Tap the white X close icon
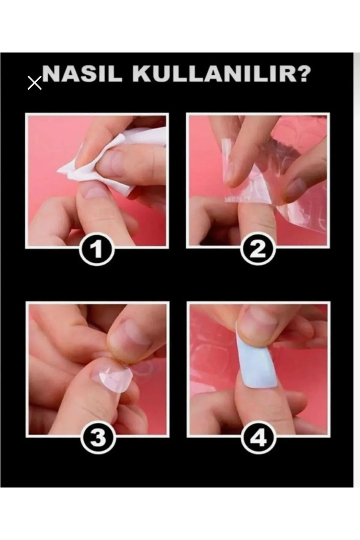pyautogui.click(x=34, y=83)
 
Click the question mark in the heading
pyautogui.click(x=300, y=74)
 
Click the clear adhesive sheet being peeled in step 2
pyautogui.click(x=264, y=168)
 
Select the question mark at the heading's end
pyautogui.click(x=300, y=74)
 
